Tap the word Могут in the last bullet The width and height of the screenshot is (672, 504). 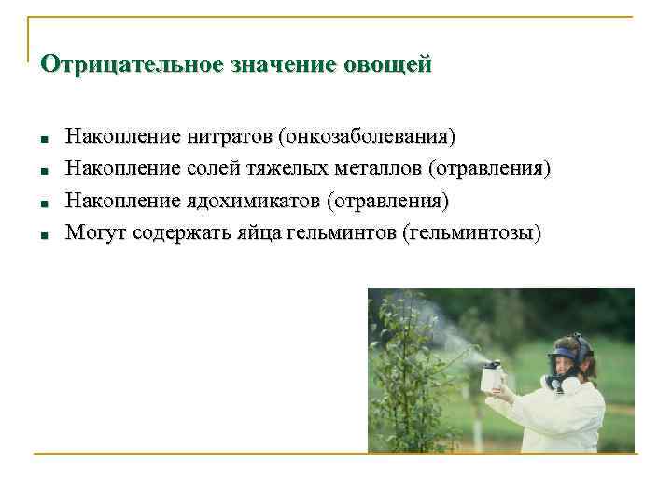tap(95, 232)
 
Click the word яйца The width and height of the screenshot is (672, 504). tap(255, 232)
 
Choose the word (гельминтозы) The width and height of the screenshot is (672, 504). tap(470, 232)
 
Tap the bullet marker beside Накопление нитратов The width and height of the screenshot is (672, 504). tap(45, 140)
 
